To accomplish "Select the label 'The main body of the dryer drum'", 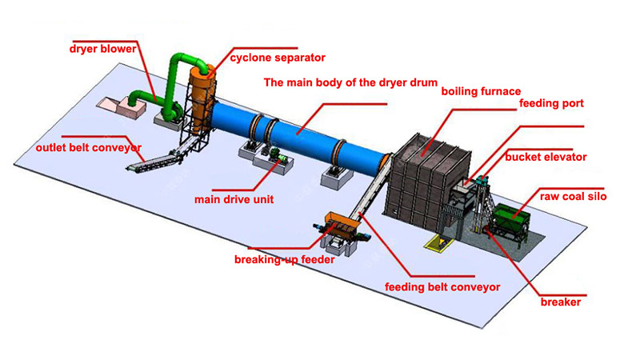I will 350,82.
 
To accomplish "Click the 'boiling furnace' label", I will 481,91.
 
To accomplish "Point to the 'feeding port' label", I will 551,103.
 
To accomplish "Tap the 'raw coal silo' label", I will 570,195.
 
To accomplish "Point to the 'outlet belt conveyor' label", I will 89,147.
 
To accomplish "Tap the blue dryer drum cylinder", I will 304,134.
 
